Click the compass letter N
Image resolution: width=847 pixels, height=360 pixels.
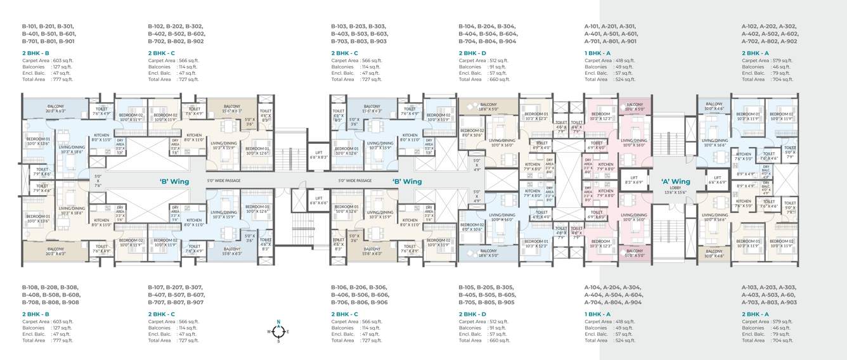click(278, 322)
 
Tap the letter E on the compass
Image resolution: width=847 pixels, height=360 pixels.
click(287, 331)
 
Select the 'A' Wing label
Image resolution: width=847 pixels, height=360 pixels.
click(675, 181)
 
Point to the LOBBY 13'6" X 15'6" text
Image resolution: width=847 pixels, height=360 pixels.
click(675, 190)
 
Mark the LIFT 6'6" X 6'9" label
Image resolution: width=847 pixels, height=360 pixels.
click(718, 180)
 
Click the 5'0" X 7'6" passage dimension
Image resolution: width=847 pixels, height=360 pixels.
click(98, 181)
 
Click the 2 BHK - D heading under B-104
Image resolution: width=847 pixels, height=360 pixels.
click(472, 53)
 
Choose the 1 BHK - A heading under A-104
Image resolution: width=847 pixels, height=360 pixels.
click(597, 314)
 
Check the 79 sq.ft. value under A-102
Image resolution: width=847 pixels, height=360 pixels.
click(781, 73)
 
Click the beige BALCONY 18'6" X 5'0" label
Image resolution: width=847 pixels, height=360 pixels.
click(488, 107)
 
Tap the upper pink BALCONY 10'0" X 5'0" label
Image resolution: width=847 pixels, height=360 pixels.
click(634, 106)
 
